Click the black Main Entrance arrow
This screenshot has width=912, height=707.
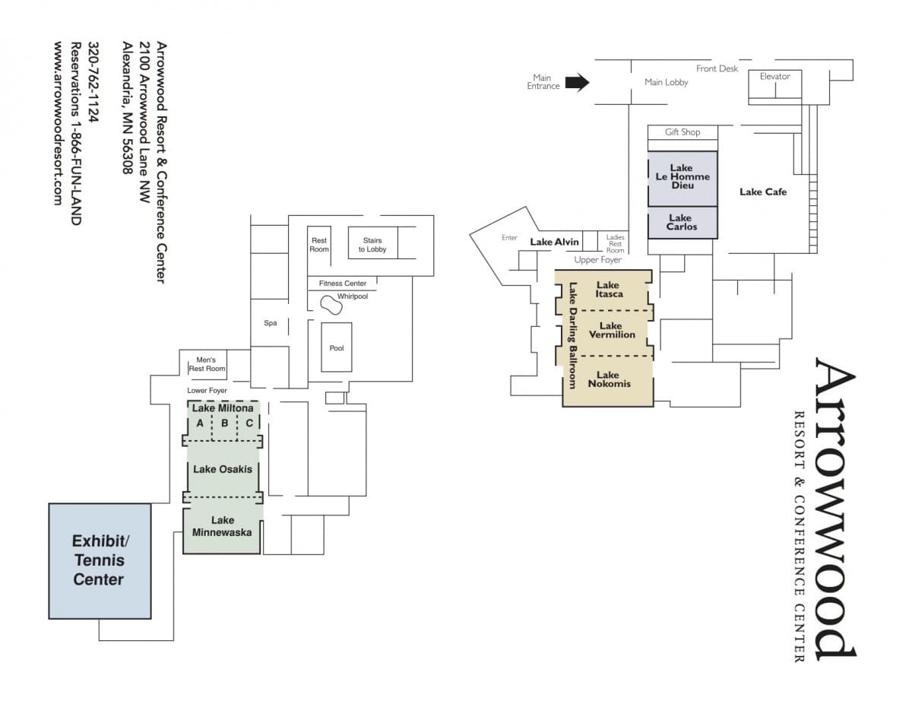click(x=577, y=82)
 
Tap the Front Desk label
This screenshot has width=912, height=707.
click(x=717, y=68)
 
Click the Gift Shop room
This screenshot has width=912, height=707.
click(x=682, y=132)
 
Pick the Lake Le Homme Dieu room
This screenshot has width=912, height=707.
click(x=682, y=177)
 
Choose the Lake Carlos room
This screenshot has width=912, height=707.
click(x=682, y=222)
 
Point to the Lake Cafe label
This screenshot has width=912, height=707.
click(x=762, y=192)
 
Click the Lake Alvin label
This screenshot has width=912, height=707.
click(x=554, y=242)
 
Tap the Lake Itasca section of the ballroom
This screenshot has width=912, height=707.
click(x=609, y=290)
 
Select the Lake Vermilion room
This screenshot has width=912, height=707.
click(x=612, y=331)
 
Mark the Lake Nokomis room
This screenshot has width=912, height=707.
click(x=608, y=379)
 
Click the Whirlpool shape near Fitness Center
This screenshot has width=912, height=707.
click(x=331, y=305)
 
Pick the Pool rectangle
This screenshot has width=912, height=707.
click(x=336, y=347)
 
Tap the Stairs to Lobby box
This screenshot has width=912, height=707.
click(x=372, y=244)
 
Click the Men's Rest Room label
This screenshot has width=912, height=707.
click(x=206, y=364)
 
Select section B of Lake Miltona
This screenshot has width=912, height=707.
click(x=224, y=423)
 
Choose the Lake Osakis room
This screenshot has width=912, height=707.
click(x=222, y=469)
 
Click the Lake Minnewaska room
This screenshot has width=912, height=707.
click(x=222, y=526)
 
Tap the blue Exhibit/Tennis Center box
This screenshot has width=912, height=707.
click(x=100, y=560)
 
